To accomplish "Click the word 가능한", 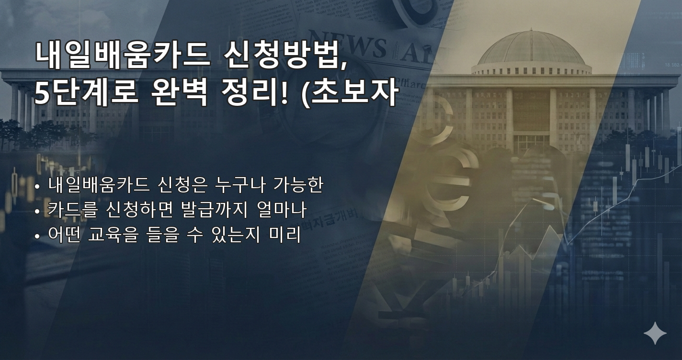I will pos(298,185).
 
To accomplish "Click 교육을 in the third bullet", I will pos(113,235).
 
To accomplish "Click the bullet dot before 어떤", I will pos(37,236).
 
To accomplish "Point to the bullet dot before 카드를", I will pos(37,211).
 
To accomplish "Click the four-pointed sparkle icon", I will pos(655,333).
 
